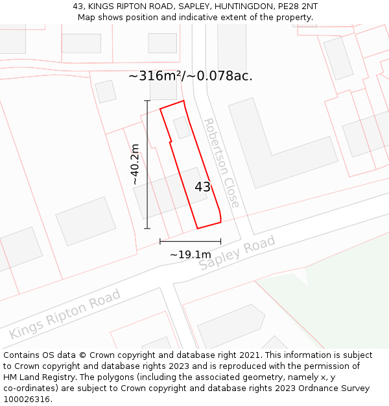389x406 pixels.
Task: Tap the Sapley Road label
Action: [237, 253]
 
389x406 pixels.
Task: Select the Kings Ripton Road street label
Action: [65, 314]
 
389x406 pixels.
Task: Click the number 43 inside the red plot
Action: [203, 187]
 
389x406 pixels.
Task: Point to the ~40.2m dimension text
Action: [135, 165]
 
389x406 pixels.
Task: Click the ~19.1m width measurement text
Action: [190, 254]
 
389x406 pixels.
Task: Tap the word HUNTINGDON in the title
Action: [244, 6]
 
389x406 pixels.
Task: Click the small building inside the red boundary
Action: [182, 127]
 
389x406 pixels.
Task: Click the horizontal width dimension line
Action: [190, 242]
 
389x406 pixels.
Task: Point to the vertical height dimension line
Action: [147, 164]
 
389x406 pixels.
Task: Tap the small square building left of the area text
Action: [106, 92]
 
